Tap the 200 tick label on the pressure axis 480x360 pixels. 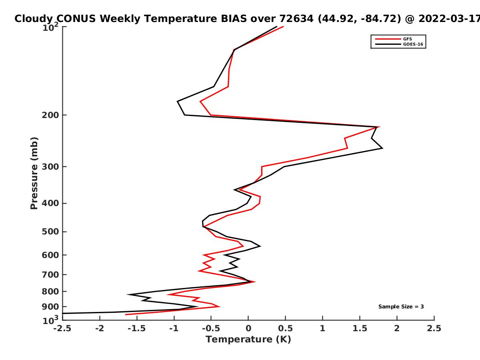click(x=50, y=115)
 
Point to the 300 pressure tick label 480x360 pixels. click(x=50, y=166)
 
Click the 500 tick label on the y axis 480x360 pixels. click(x=50, y=232)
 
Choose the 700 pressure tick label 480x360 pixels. click(x=50, y=274)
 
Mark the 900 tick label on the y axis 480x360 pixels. click(x=50, y=307)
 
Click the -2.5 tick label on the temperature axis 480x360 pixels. click(x=62, y=328)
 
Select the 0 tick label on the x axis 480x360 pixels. click(x=248, y=328)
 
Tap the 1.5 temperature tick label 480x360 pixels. click(x=360, y=328)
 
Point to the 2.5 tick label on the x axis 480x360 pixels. click(x=434, y=328)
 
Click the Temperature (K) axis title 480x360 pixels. click(x=248, y=340)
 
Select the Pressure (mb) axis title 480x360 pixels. click(x=34, y=173)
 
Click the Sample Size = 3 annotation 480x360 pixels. click(x=401, y=306)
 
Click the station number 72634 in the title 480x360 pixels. click(x=296, y=19)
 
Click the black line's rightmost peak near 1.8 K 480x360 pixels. click(x=382, y=148)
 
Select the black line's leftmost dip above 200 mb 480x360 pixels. click(x=177, y=102)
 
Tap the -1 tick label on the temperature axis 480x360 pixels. click(x=174, y=328)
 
